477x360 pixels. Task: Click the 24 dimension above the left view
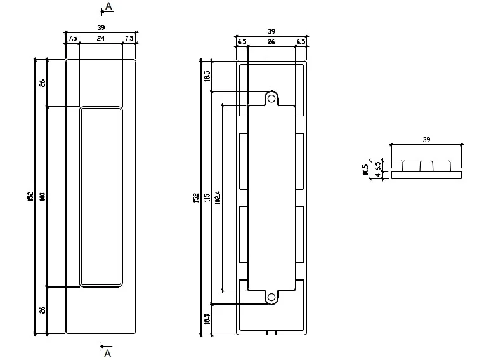(100, 38)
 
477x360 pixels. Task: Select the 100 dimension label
(43, 197)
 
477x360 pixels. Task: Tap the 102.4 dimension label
(218, 197)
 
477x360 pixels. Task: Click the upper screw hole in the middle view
(271, 98)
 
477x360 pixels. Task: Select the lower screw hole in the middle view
(271, 297)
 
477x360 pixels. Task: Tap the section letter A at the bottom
(107, 352)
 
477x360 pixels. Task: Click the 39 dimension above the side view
(426, 138)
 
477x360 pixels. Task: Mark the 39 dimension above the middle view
(271, 31)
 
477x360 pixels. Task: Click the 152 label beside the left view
(30, 197)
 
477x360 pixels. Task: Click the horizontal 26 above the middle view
(271, 41)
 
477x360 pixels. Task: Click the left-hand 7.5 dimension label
(72, 38)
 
